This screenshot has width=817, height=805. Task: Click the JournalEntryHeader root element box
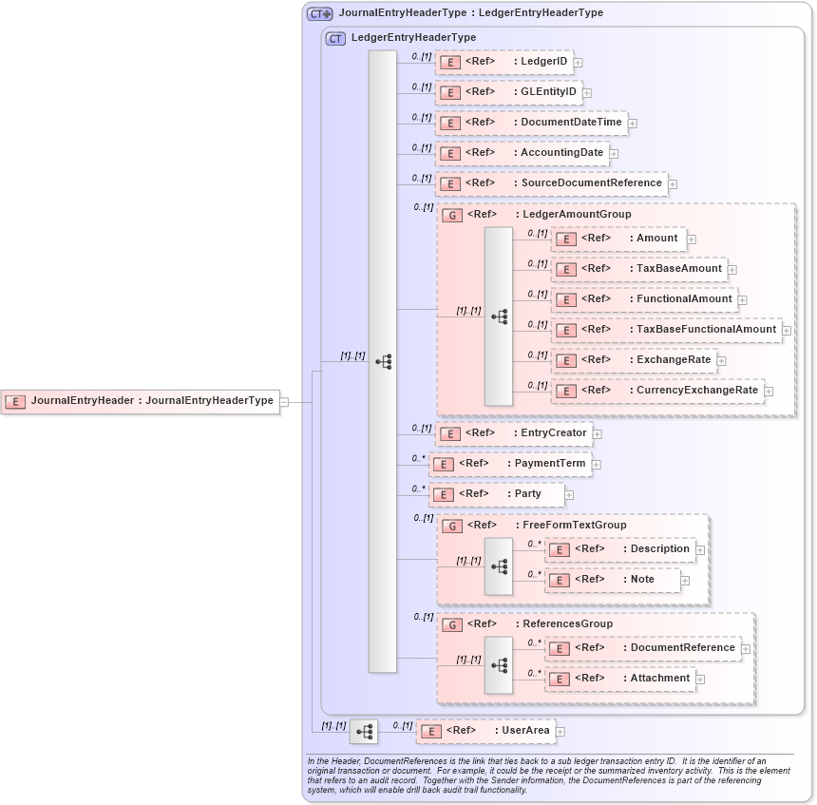140,401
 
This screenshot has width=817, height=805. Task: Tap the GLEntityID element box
508,92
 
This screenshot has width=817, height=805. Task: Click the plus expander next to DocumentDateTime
633,123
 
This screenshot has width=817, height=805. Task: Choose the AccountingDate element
522,153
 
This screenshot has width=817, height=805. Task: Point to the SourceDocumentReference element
551,183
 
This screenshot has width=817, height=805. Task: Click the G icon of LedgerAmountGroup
454,216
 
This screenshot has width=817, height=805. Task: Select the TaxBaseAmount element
638,269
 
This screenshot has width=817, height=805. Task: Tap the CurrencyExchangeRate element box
657,391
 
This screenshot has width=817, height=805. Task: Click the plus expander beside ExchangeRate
722,361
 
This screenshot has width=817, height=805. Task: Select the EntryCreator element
513,433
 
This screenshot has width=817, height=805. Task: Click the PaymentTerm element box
509,464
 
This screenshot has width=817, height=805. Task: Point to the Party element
496,494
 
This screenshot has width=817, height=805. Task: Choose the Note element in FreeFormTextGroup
613,580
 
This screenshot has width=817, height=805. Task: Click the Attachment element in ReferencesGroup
619,679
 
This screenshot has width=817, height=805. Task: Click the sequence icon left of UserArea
363,731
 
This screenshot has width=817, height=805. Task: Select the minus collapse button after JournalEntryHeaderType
284,402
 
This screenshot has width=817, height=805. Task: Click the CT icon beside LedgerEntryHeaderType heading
335,38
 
